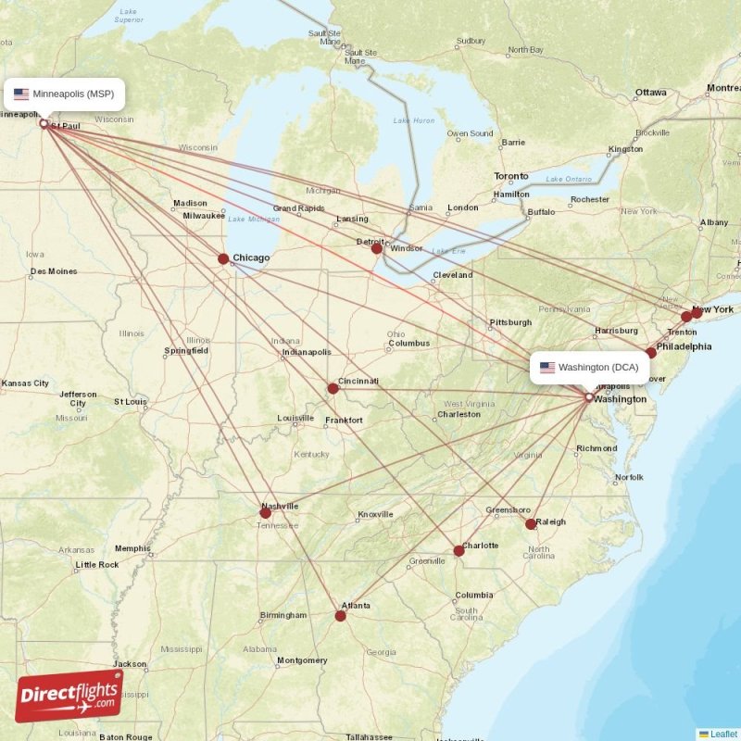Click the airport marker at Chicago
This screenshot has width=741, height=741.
(x=223, y=259)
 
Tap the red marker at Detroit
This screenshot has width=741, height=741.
(x=377, y=248)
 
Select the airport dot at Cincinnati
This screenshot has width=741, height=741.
(x=333, y=388)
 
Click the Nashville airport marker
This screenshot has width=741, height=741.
(x=266, y=512)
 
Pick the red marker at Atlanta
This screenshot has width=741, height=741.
(x=341, y=615)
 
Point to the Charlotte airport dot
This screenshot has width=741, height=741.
(x=458, y=551)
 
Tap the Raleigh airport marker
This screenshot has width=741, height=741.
(x=531, y=524)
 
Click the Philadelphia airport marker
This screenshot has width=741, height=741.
(x=651, y=353)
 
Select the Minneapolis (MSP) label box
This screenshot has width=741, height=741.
(x=64, y=94)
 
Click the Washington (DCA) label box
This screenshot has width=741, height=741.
(x=589, y=367)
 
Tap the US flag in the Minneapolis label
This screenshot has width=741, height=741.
(x=21, y=94)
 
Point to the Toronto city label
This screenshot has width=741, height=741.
(x=511, y=176)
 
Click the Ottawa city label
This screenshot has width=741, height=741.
(x=651, y=93)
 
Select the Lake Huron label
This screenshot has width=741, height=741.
(x=414, y=120)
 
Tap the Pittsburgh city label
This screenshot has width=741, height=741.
(x=511, y=322)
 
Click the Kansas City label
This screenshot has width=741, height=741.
(x=26, y=383)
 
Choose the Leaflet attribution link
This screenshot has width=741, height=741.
(x=723, y=734)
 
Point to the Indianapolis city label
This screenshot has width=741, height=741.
(x=307, y=352)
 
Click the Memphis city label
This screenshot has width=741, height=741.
(x=132, y=547)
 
